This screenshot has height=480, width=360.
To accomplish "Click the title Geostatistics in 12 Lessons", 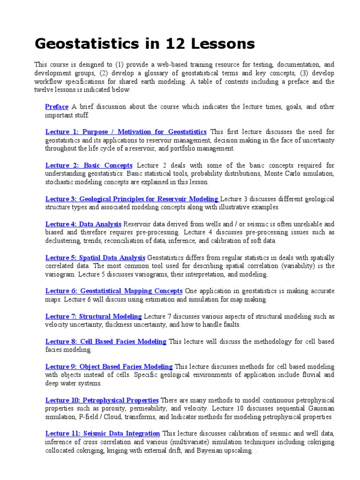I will (x=145, y=44).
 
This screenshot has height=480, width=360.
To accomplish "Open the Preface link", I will (x=57, y=107).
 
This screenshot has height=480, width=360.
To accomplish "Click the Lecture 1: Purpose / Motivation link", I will (x=126, y=132).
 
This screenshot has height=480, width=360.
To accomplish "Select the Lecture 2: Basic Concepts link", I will (x=89, y=165).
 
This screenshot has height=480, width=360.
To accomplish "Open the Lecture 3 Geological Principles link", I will (x=132, y=199).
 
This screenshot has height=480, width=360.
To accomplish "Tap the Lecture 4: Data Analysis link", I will (x=83, y=224).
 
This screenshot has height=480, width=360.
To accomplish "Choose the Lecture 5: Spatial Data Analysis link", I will (x=95, y=258).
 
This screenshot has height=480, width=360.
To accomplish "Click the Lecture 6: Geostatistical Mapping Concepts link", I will (x=114, y=291).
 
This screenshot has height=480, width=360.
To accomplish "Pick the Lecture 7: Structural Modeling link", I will (x=93, y=316).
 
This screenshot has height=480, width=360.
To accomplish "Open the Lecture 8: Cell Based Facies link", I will (x=105, y=342).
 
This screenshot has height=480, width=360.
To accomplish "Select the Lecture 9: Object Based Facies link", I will (x=109, y=367).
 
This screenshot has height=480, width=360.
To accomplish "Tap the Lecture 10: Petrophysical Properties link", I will (x=102, y=400).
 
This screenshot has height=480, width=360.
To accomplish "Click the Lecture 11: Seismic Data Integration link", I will (x=103, y=434).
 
